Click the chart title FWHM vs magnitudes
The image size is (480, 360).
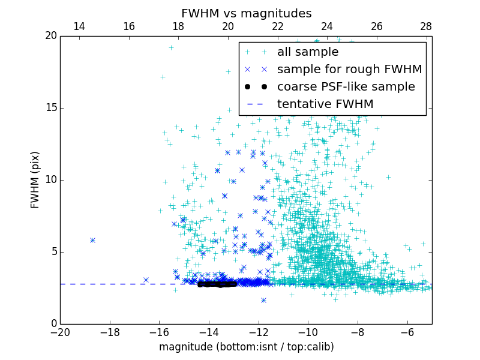click(x=246, y=13)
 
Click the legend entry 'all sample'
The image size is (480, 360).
click(x=307, y=52)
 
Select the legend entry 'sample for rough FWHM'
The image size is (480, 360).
click(x=349, y=70)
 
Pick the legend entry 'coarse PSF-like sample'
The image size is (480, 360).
click(x=346, y=87)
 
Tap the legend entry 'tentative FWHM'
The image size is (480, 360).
click(x=325, y=104)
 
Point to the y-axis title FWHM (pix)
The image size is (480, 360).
click(x=35, y=180)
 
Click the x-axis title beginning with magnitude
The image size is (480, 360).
click(x=246, y=347)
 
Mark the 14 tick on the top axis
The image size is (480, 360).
click(x=79, y=26)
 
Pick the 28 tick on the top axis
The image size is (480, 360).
click(x=426, y=26)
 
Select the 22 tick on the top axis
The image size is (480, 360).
click(x=277, y=26)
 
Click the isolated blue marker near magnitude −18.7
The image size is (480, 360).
click(x=92, y=240)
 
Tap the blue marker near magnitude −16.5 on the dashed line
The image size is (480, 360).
click(x=146, y=280)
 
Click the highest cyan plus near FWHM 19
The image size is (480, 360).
click(x=171, y=47)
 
